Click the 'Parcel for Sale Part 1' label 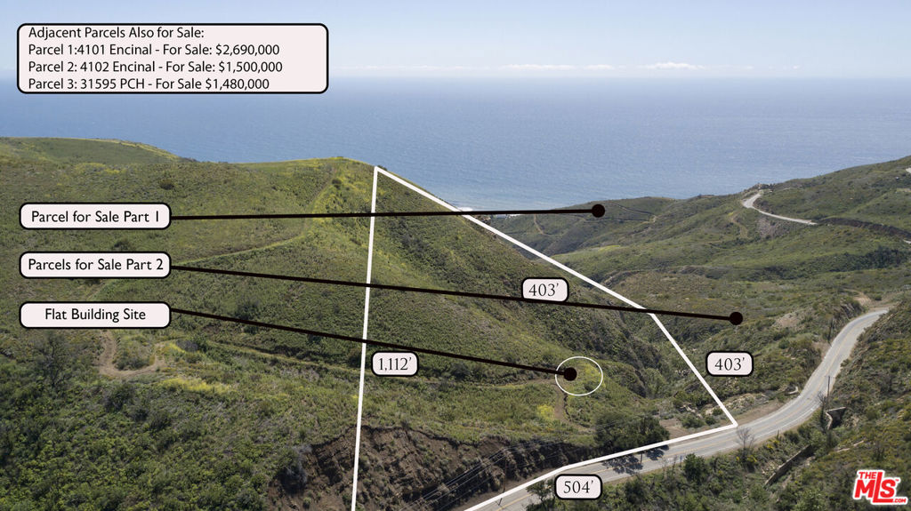pos(95,216)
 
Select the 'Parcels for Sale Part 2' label pos(95,265)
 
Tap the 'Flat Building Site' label pos(95,315)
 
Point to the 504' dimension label pos(578,487)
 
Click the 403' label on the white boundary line pos(544,290)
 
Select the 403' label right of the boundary pos(730,363)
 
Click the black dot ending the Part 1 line pos(598,211)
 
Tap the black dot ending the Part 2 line pos(736,318)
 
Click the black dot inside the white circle pos(569,374)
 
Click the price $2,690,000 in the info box pos(247,50)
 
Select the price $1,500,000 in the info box pos(250,67)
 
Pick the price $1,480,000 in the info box pos(238,84)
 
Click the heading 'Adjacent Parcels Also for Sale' pos(109,33)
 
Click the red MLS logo pos(879,487)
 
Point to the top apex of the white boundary pos(376,168)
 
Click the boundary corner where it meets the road pos(735,425)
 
